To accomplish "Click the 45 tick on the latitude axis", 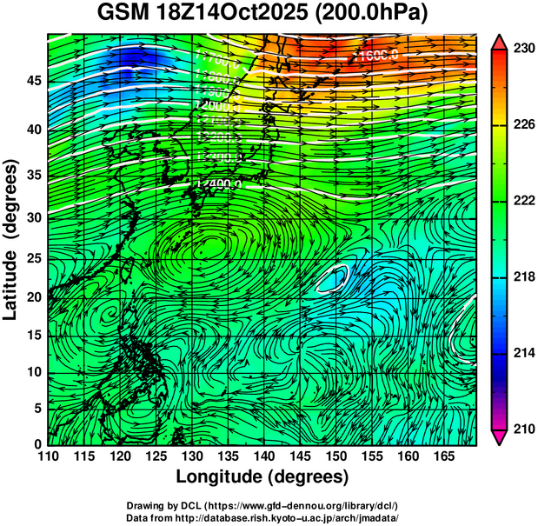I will [x=33, y=81].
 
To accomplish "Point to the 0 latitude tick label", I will [x=37, y=444].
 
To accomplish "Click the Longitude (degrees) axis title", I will [x=262, y=477].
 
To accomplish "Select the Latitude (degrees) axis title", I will [x=11, y=239].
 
